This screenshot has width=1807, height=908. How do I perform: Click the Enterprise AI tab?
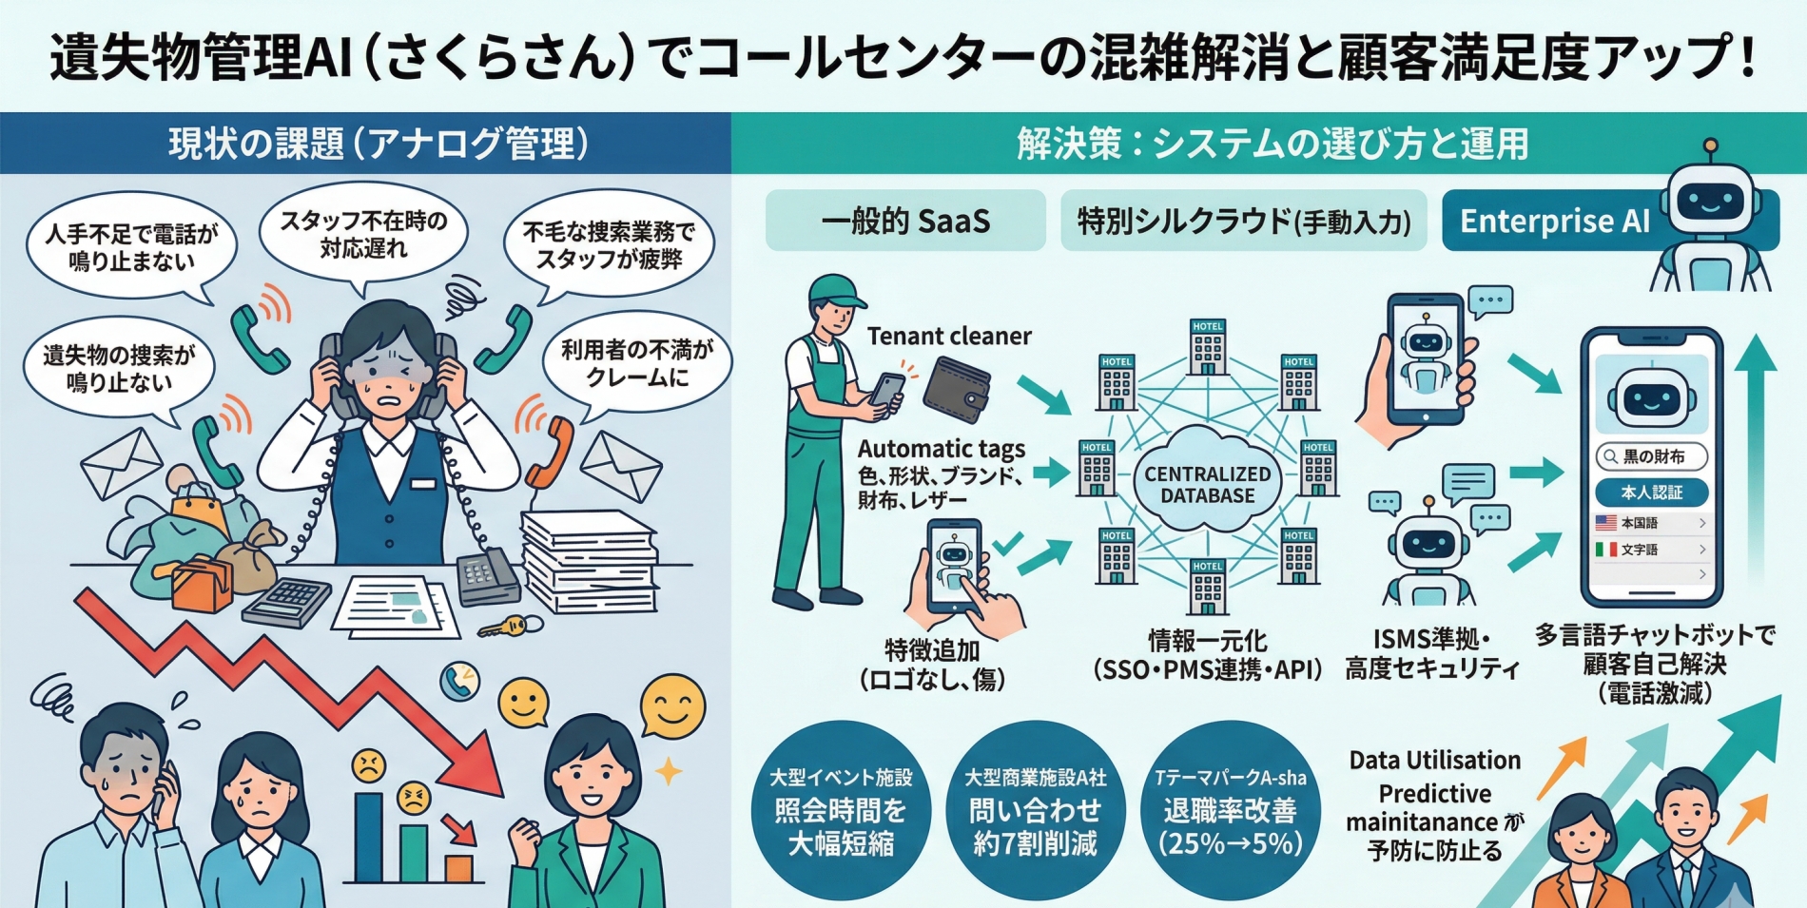(x=1554, y=221)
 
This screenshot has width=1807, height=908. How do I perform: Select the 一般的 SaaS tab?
(x=904, y=221)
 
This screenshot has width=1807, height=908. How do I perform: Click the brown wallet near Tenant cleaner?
(x=957, y=389)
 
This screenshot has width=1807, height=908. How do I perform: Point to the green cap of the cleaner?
(x=834, y=289)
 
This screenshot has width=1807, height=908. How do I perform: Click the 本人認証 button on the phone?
(x=1651, y=493)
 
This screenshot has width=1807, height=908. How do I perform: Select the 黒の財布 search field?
(x=1651, y=456)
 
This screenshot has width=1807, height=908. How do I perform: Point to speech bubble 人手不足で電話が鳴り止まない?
(x=131, y=246)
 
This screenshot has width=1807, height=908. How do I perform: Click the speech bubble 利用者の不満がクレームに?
(x=636, y=363)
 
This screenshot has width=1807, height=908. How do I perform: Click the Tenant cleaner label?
(x=948, y=337)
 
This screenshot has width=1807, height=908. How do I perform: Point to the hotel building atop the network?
(x=1207, y=346)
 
